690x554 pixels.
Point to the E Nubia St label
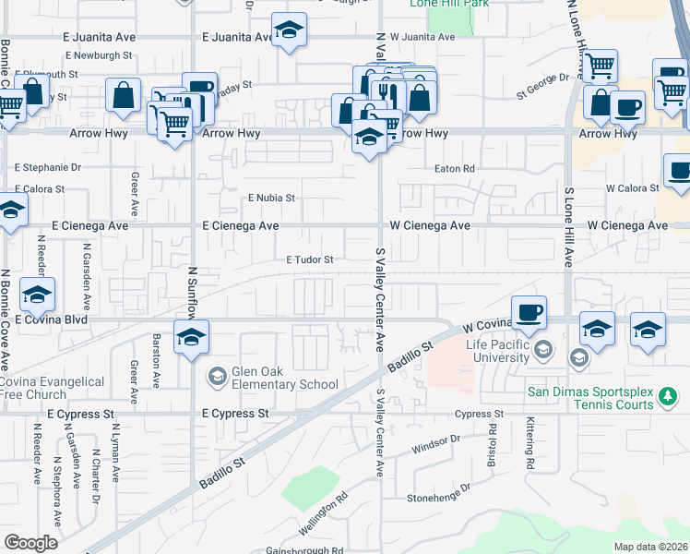coord(270,198)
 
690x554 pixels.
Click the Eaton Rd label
coord(455,169)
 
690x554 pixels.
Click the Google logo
coord(30,543)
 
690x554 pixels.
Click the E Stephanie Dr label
coord(48,168)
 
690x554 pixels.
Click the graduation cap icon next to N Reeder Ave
coord(37,295)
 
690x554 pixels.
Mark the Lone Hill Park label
coord(448,4)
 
